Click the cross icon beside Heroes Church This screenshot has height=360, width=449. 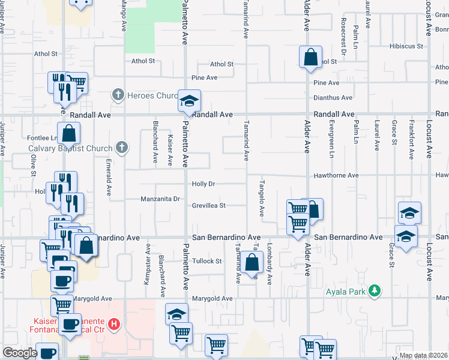pos(118,95)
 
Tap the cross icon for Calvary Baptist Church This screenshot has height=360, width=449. pos(121,148)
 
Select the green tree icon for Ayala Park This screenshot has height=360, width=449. pos(375,290)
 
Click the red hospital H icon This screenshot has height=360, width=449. pos(115,325)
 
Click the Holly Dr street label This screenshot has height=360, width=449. pos(203,184)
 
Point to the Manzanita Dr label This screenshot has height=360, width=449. pos(160,199)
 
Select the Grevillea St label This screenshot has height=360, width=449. pos(208,205)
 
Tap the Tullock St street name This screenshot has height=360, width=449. pos(207,261)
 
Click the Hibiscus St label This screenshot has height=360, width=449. pos(406,46)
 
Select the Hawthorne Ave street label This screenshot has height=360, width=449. pos(336,175)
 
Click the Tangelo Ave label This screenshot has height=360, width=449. pos(262,198)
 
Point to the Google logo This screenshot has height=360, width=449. pos(20,353)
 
